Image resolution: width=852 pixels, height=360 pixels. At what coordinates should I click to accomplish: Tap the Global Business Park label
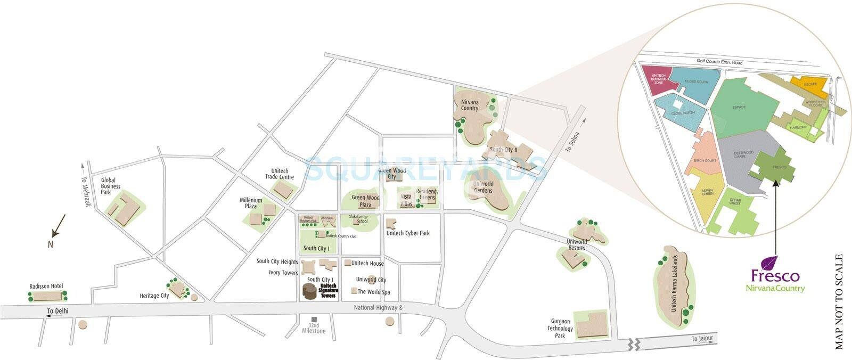111,186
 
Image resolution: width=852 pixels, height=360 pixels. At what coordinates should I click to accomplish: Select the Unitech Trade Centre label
279,174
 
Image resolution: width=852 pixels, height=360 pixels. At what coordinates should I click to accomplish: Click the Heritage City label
154,296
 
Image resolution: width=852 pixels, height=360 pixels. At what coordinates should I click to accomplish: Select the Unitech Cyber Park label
408,233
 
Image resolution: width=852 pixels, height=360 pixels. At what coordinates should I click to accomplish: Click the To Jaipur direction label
701,339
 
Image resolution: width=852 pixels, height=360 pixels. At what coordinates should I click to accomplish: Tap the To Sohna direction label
572,141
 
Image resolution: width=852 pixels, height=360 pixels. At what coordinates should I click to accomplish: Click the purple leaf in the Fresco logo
771,264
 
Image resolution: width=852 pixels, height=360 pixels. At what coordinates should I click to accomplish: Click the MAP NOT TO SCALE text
840,301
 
